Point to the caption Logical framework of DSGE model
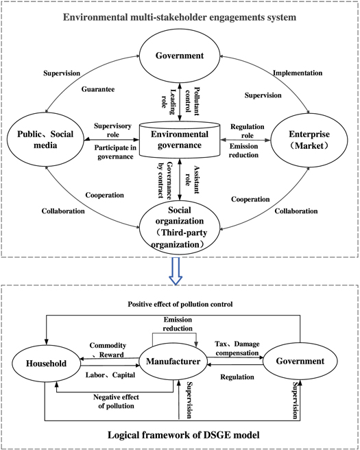click(x=179, y=435)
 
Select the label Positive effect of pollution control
click(x=179, y=303)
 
